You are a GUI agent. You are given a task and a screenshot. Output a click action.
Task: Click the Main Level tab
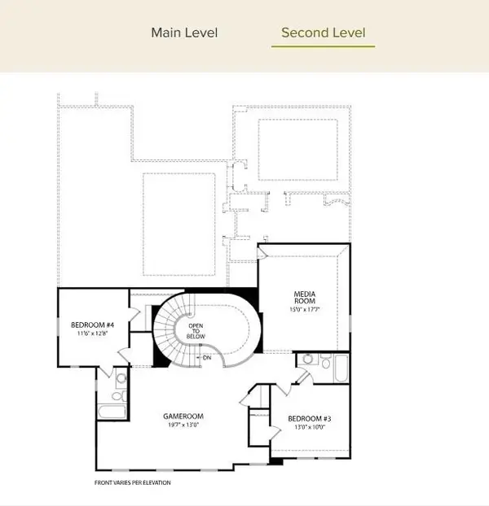183,33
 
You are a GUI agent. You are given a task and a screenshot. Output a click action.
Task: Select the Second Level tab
323,33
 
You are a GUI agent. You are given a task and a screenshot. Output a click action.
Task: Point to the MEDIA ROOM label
304,298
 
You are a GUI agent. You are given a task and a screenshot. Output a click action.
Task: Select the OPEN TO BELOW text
195,330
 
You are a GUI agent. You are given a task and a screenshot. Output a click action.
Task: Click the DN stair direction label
207,357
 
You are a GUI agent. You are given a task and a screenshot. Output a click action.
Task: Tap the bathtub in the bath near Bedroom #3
340,367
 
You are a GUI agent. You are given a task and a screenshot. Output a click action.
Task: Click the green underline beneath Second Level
323,46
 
